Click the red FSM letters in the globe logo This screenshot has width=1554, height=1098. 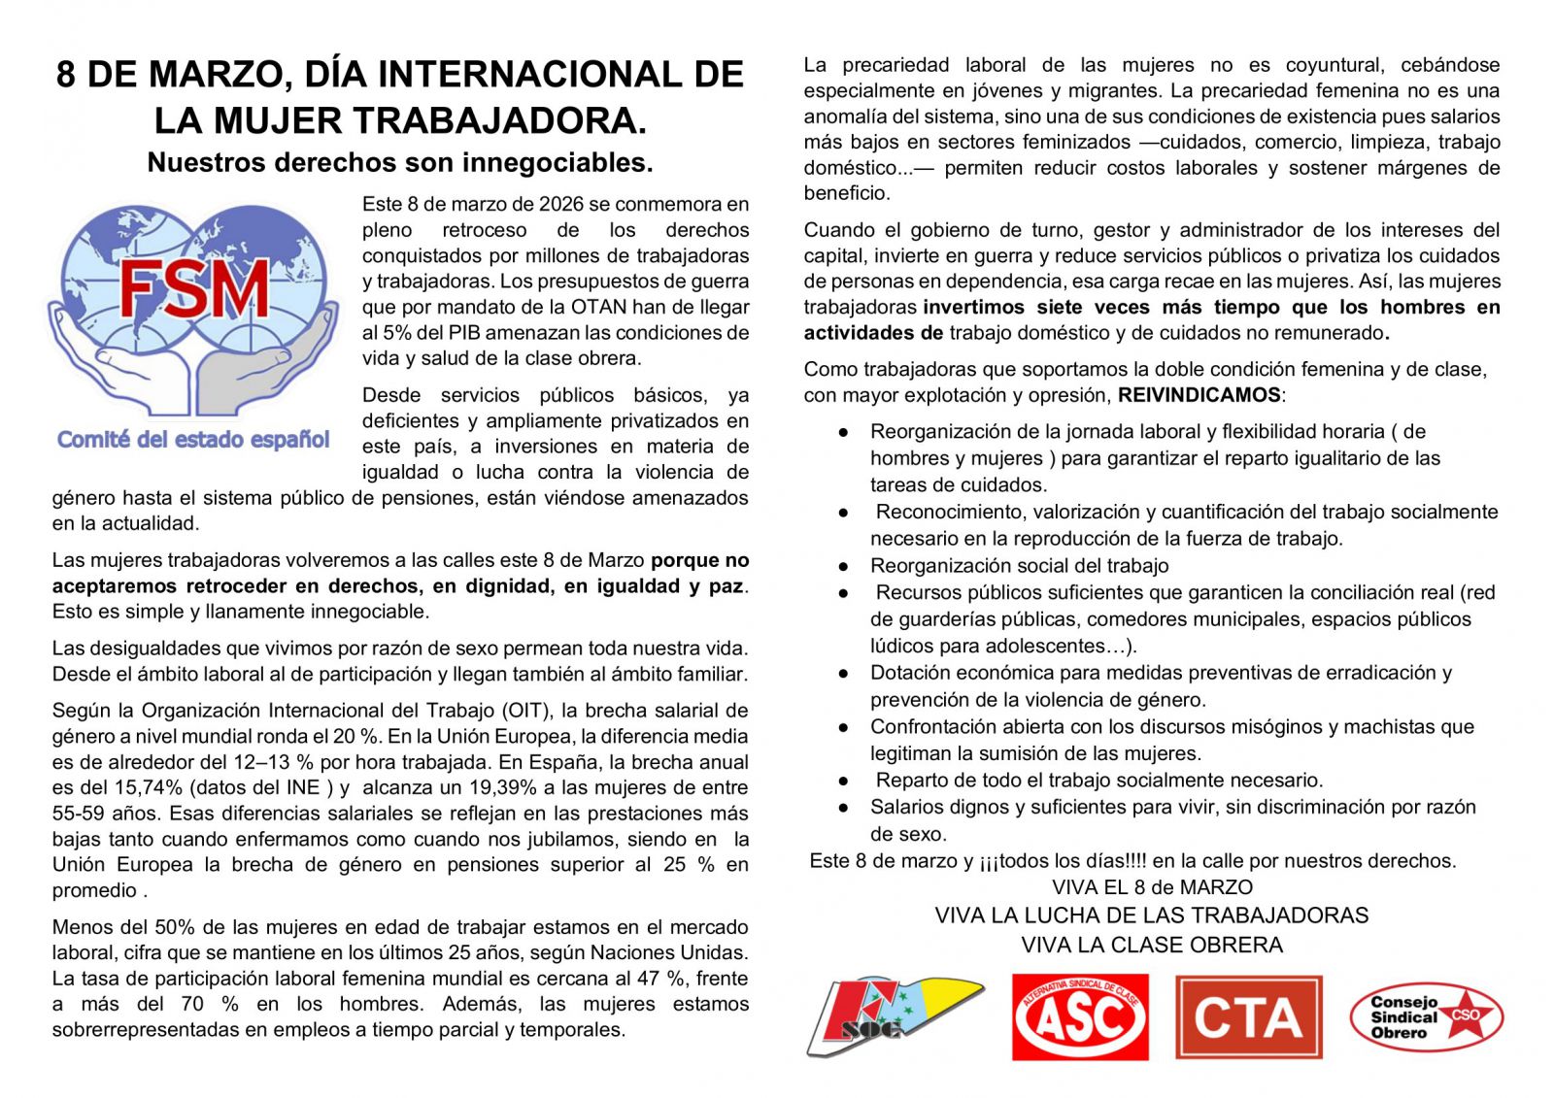(194, 289)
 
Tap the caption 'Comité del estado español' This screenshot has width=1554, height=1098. (193, 440)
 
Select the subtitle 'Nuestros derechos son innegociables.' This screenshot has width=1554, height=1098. (400, 162)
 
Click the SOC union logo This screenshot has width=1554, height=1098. (895, 1016)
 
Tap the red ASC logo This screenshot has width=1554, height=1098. (1080, 1017)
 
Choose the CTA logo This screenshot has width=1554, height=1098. (1249, 1017)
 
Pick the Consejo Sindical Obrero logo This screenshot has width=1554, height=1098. (1426, 1017)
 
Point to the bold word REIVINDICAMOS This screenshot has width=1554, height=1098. (1199, 395)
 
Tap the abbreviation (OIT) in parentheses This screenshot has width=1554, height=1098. (529, 711)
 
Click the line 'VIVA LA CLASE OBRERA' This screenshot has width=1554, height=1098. (1152, 945)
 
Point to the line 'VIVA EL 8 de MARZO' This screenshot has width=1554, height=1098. (1152, 887)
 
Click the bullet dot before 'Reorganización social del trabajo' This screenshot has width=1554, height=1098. (844, 566)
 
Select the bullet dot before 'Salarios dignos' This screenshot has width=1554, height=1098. (844, 807)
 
